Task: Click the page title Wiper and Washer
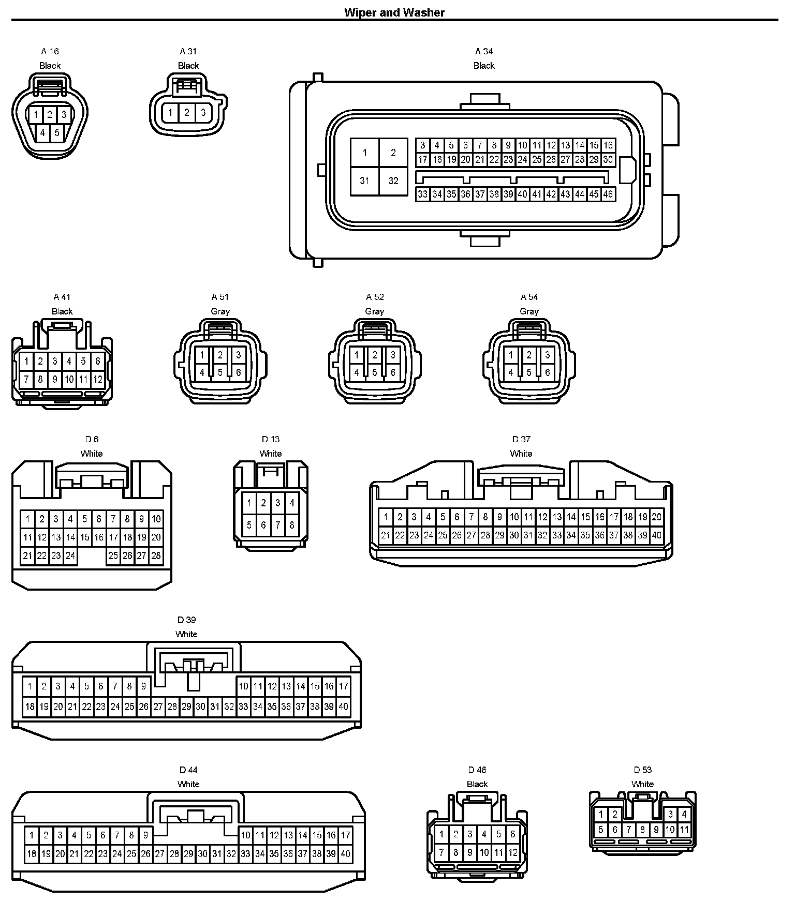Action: tap(394, 12)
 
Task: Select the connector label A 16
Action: tap(50, 51)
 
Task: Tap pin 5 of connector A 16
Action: tap(57, 133)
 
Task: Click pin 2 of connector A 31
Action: tap(187, 112)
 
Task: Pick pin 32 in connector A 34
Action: tap(393, 181)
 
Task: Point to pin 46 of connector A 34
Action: tap(608, 194)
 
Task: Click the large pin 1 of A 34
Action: tap(365, 153)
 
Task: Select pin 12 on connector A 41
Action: tap(98, 379)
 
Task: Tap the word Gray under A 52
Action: tap(374, 311)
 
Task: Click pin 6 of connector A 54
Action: tap(547, 372)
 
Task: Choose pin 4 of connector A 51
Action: tap(202, 372)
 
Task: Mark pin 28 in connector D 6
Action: tap(156, 556)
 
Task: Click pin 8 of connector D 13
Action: tap(292, 525)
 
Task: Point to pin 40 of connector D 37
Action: tap(656, 535)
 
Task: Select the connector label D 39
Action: tap(187, 620)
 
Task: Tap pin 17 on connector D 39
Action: tap(343, 687)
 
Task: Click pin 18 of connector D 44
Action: tap(32, 854)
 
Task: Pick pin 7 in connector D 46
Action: tap(441, 852)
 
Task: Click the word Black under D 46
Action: tap(477, 784)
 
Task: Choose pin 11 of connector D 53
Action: tap(684, 830)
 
